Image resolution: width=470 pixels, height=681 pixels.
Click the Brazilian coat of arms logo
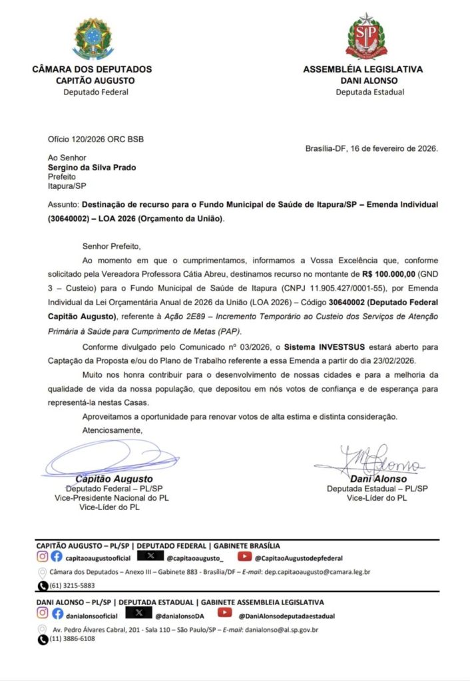pos(93,39)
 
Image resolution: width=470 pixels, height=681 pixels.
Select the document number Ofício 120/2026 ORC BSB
pos(95,139)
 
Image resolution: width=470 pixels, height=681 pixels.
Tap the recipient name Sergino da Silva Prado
pos(92,168)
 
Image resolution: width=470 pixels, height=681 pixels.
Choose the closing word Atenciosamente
pos(112,430)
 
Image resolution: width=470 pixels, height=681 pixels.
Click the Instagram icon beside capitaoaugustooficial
pos(42,557)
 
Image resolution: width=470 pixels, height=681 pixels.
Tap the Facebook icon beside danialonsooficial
pos(58,615)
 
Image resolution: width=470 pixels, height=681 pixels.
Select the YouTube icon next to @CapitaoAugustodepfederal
pos(244,557)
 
